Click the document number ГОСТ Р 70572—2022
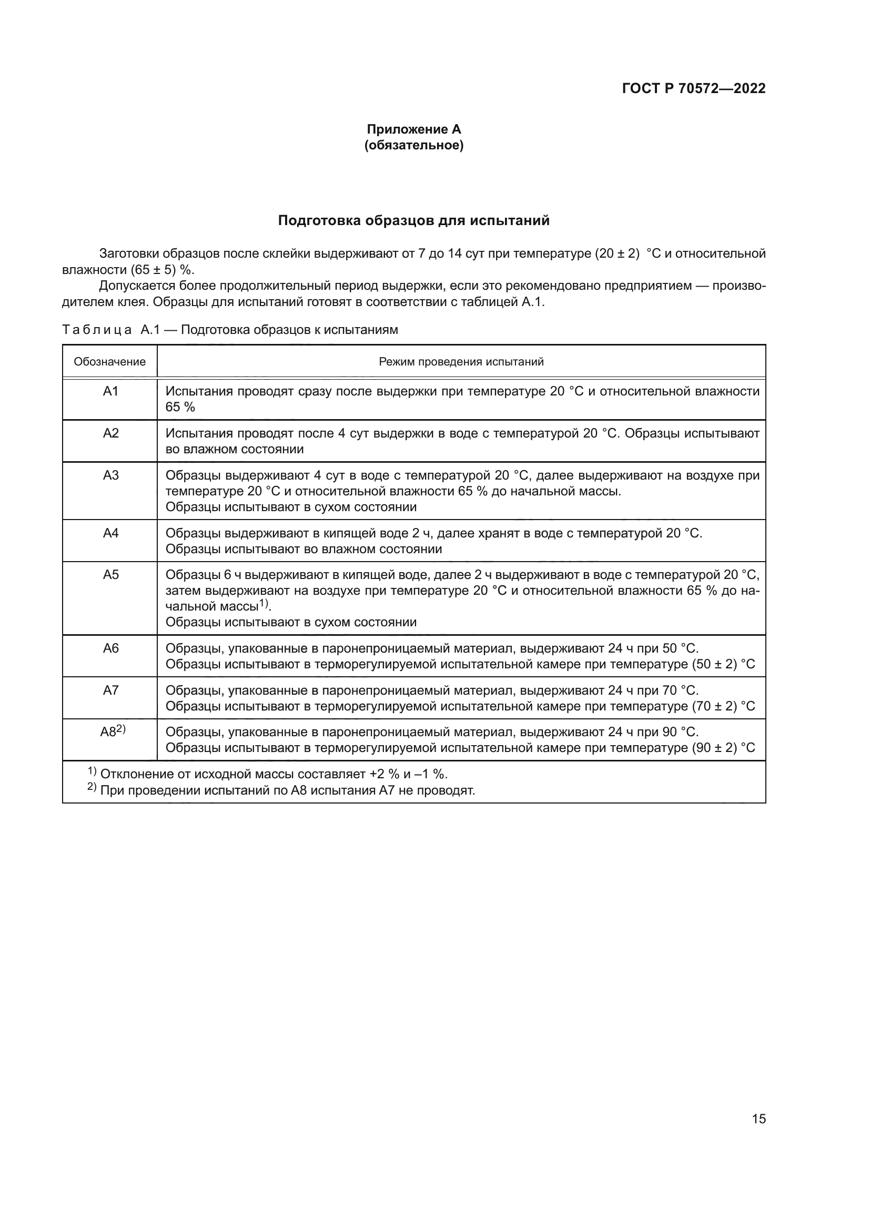(693, 88)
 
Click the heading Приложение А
(413, 129)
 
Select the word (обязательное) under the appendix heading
(413, 145)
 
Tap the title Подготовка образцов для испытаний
(413, 221)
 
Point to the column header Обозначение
(110, 362)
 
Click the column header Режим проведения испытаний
(461, 362)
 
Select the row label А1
(110, 392)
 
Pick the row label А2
(110, 433)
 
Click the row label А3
(110, 475)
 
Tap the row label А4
(110, 533)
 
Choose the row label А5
(110, 575)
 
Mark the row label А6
(110, 649)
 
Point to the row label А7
(110, 690)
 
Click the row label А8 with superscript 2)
(113, 731)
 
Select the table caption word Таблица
(96, 330)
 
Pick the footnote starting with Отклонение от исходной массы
(273, 774)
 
